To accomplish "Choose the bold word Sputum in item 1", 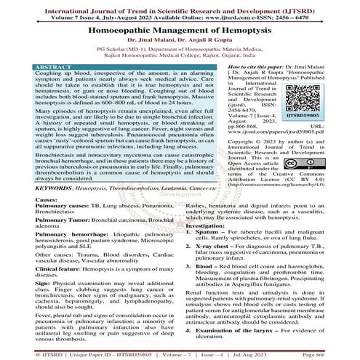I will [215, 236].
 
